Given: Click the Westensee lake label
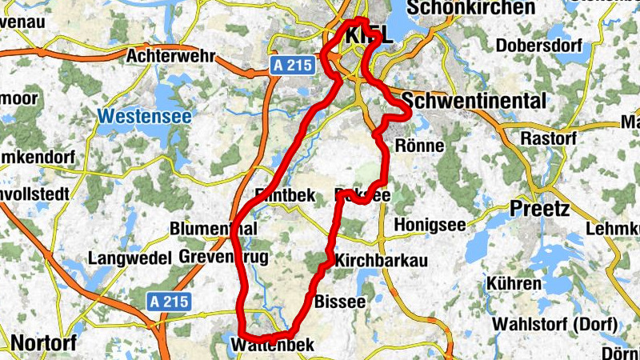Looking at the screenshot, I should [145, 117].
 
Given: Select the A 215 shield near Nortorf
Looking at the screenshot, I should [169, 302].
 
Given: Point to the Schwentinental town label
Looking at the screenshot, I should [474, 101].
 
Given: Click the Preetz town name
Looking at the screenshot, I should [539, 210].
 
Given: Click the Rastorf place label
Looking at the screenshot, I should [548, 138].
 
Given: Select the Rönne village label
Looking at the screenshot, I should [420, 146].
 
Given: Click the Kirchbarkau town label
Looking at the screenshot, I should [381, 262].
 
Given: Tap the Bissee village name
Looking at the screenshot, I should [340, 302].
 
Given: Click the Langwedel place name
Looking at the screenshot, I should [130, 258].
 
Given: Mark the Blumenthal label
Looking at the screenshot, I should [214, 229].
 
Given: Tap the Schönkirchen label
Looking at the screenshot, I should [470, 8].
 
